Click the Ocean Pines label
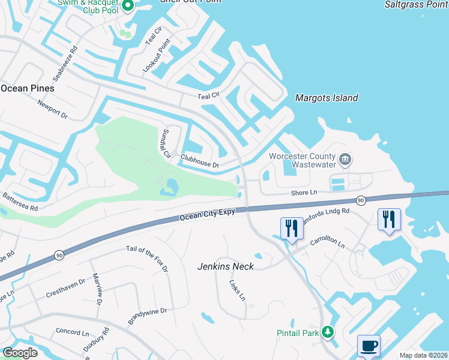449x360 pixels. click(28, 88)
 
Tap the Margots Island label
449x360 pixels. click(327, 98)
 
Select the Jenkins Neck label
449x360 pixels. click(226, 266)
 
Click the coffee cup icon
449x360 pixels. click(369, 346)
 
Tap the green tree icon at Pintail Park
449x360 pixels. click(327, 332)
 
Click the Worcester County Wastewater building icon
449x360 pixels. click(345, 159)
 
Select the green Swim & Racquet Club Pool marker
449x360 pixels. click(127, 6)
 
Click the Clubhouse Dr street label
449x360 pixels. click(200, 161)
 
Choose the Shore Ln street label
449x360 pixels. click(303, 193)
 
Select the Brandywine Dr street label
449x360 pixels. click(146, 316)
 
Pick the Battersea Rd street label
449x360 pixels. click(20, 201)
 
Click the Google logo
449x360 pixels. click(20, 353)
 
